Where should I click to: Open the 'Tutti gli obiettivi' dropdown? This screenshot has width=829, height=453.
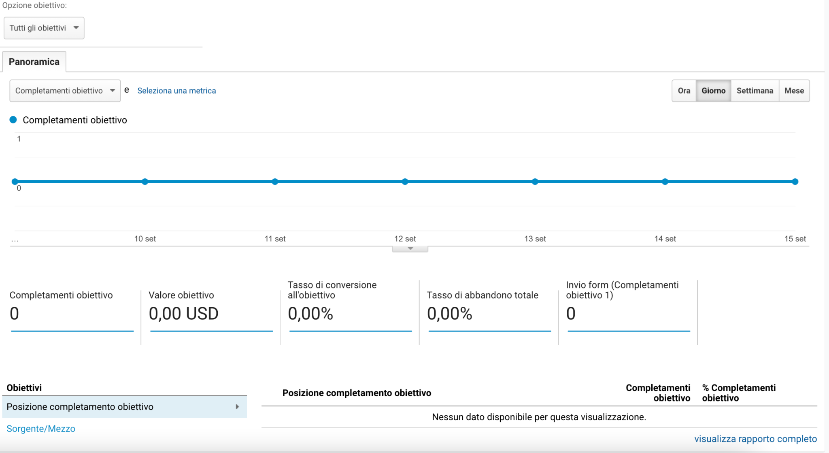[44, 28]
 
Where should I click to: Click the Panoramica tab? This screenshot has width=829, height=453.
[34, 62]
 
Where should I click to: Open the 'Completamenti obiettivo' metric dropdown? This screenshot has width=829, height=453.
[65, 91]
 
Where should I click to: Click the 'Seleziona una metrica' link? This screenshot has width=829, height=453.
[176, 91]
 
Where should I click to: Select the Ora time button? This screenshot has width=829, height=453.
[684, 91]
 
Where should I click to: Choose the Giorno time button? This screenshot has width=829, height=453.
[713, 91]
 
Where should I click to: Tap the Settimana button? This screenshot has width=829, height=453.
[755, 91]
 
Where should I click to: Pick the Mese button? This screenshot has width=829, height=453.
[794, 91]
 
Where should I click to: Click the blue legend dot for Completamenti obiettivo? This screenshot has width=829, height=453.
[13, 120]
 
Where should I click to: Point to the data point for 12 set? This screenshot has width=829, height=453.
[405, 182]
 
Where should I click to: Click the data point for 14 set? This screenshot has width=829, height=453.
[665, 182]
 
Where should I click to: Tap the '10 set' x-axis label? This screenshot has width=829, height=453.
[145, 239]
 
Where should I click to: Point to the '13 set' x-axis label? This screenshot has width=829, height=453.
[535, 239]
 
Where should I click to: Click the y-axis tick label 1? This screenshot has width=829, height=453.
[19, 139]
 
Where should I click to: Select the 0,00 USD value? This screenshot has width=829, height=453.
[183, 314]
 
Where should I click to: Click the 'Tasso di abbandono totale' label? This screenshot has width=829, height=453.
[482, 295]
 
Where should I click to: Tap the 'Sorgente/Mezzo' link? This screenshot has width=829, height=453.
[41, 429]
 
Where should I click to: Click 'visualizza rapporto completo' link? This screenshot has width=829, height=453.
[755, 439]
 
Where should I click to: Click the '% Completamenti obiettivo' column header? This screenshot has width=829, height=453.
[738, 393]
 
